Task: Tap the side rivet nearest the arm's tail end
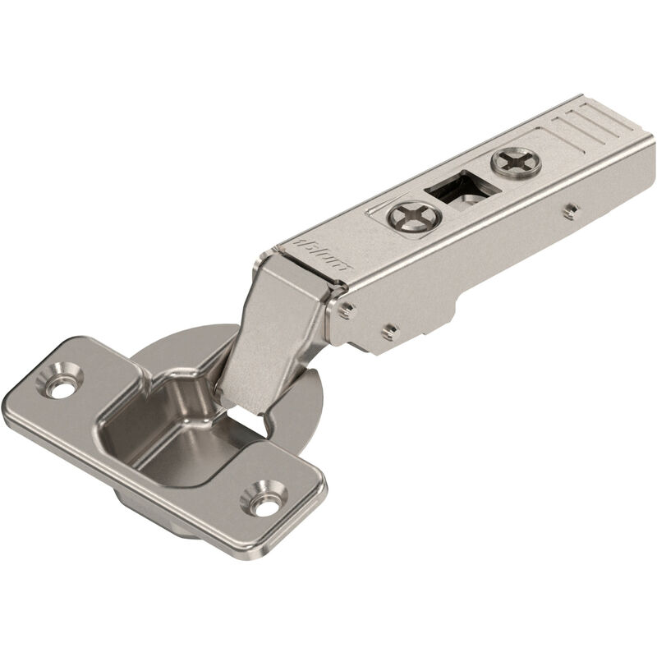pos(566,210)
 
